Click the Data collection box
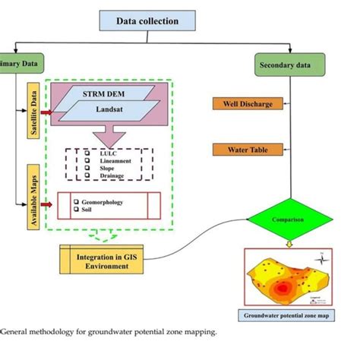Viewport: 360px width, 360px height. [x=147, y=21]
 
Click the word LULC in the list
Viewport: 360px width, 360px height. [x=106, y=153]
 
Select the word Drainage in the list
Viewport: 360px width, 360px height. [x=113, y=176]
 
